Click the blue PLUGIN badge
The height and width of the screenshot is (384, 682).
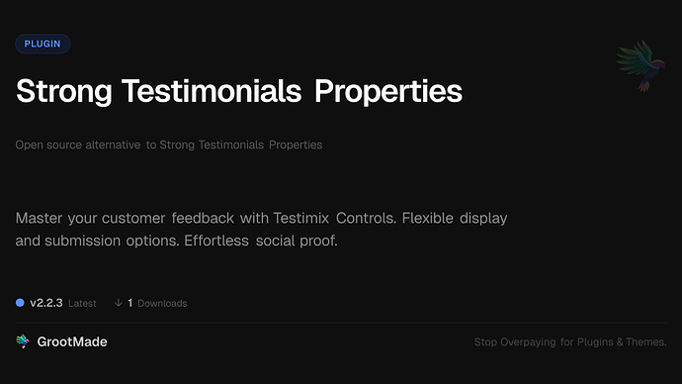43,44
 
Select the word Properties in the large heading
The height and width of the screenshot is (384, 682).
388,91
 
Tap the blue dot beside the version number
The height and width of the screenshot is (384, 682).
20,302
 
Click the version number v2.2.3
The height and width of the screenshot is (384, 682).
46,302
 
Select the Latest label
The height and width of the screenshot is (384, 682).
83,303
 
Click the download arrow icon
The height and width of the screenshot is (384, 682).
118,302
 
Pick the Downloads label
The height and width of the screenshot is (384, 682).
162,303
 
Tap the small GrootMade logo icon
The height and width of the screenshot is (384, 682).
23,341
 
